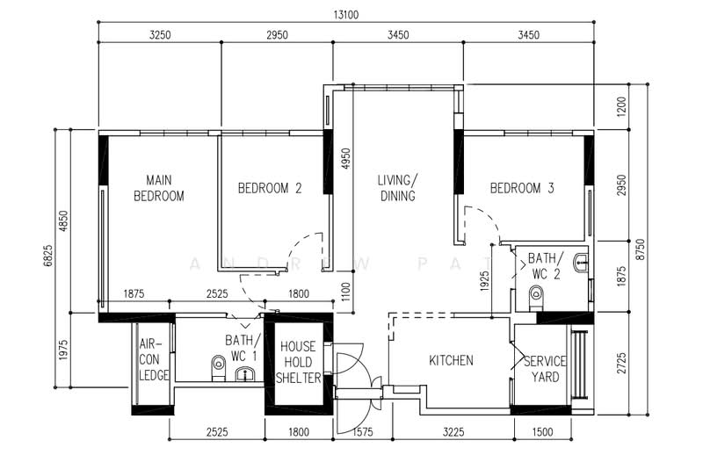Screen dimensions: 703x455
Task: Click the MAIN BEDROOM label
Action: click(159, 188)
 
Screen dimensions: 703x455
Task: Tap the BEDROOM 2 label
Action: click(270, 188)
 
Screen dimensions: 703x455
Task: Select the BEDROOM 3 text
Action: click(522, 188)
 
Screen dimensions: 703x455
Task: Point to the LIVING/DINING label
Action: click(398, 188)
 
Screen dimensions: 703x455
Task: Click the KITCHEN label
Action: click(451, 360)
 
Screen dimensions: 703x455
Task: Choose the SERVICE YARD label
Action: click(545, 369)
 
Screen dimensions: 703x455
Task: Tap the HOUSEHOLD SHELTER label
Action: click(298, 362)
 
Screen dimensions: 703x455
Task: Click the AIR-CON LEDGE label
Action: click(154, 360)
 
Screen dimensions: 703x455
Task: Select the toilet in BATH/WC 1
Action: click(218, 369)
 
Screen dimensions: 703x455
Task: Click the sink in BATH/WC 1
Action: click(245, 374)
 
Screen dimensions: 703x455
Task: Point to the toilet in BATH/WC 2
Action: click(536, 298)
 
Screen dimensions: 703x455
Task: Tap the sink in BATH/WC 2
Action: click(581, 263)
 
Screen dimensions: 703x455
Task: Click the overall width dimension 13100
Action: click(346, 15)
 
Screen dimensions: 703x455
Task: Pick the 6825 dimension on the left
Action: click(48, 256)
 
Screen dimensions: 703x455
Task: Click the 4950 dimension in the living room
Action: click(345, 159)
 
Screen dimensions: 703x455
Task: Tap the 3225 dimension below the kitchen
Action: click(453, 432)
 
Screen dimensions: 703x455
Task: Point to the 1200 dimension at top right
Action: click(621, 106)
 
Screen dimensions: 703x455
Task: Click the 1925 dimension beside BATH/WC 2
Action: click(484, 281)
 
